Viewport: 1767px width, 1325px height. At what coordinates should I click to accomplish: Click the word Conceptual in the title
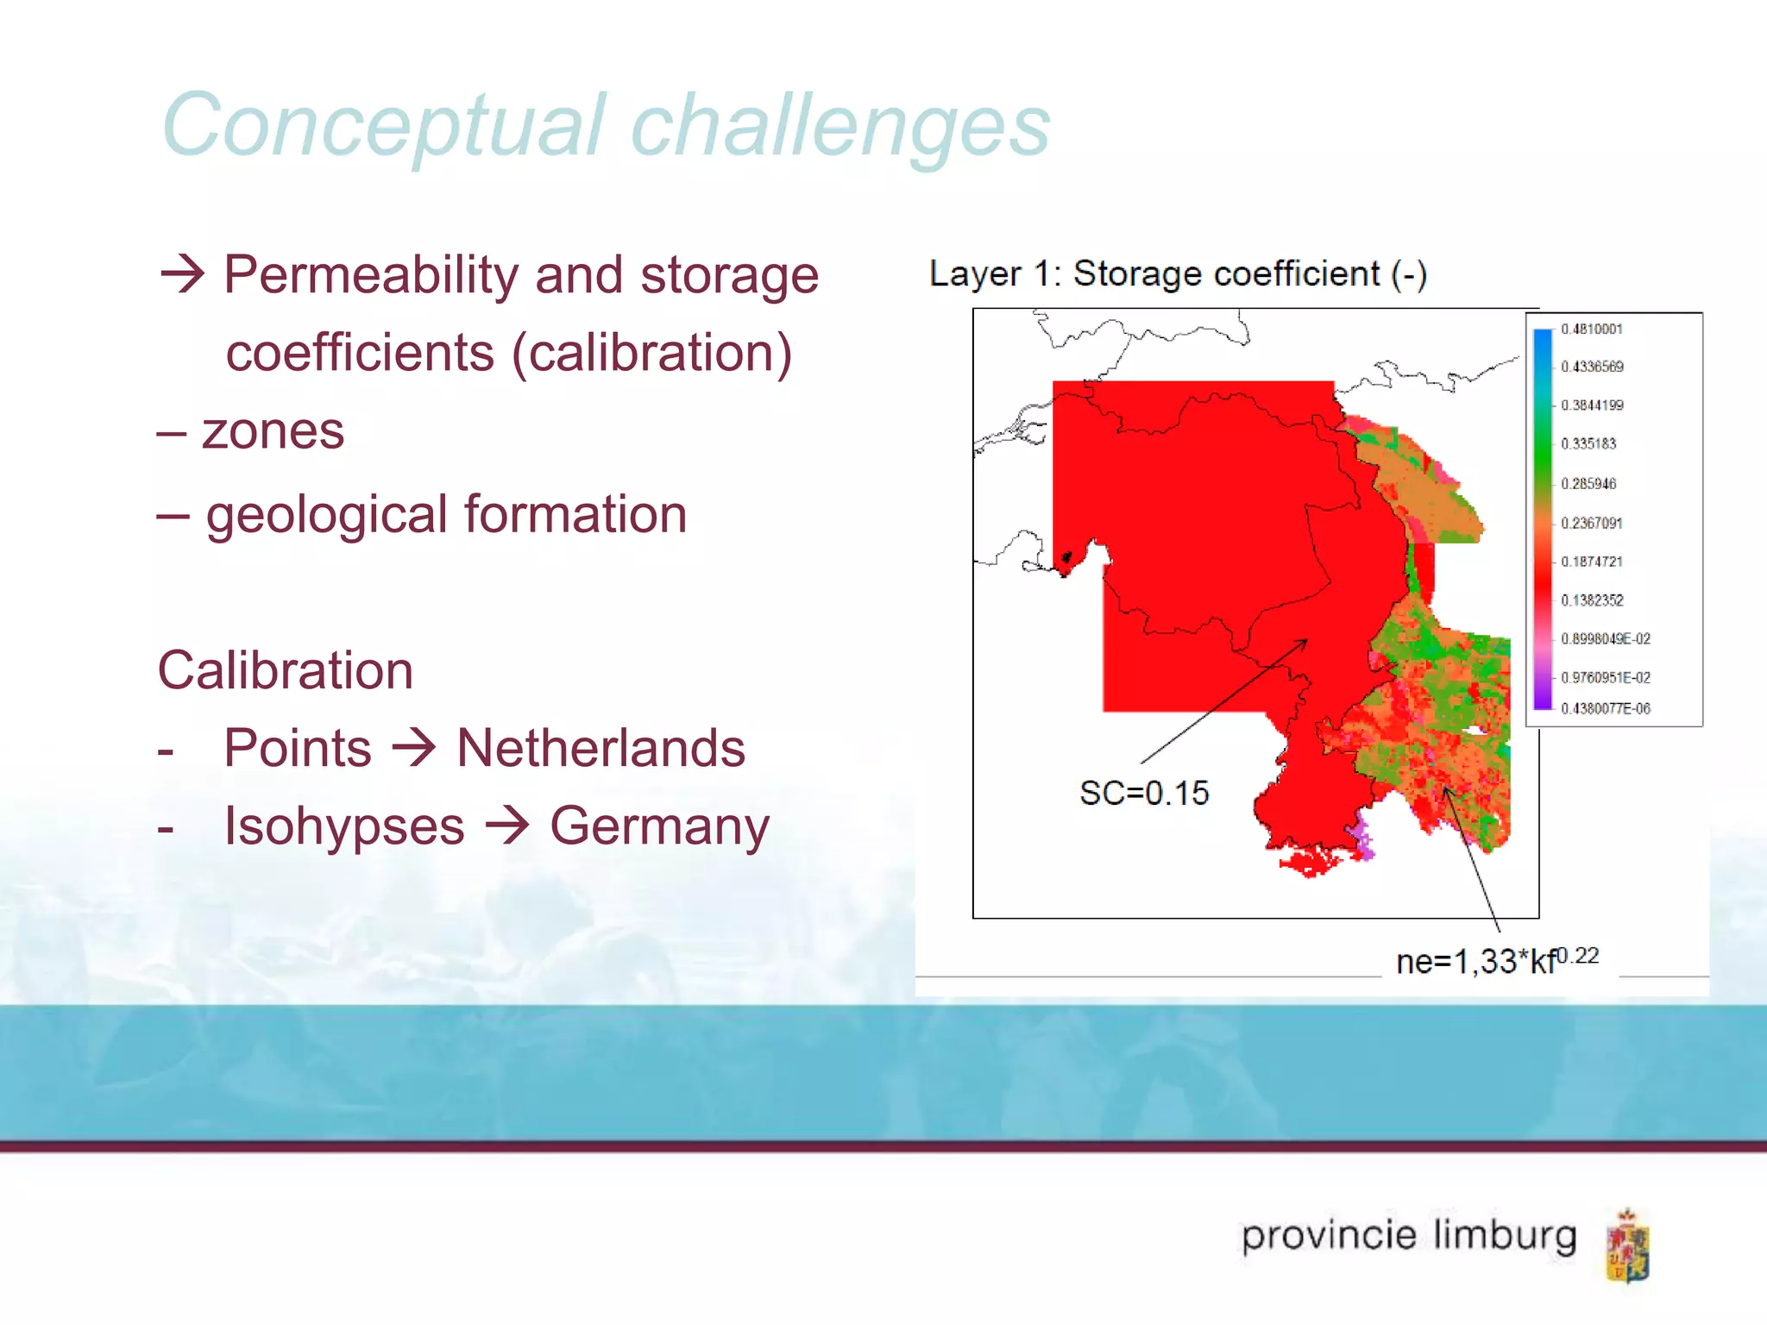tap(385, 127)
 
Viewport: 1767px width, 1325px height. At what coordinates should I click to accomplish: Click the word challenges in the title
tap(840, 127)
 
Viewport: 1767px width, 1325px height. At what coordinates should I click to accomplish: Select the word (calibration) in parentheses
tap(651, 353)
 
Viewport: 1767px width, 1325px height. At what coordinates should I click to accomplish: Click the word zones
tap(273, 431)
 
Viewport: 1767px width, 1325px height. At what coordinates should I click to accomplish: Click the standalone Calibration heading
tap(286, 670)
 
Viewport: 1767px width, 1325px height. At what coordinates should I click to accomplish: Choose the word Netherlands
tap(601, 748)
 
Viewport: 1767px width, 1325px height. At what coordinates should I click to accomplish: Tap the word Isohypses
tap(344, 826)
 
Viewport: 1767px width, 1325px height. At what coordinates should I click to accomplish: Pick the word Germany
tap(659, 826)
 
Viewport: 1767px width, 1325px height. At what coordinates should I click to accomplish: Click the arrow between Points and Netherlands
tap(414, 748)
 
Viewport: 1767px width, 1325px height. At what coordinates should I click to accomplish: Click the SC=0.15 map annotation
tap(1144, 793)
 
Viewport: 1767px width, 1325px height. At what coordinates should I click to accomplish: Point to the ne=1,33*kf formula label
tap(1496, 960)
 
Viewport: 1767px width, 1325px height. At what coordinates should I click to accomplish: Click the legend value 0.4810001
tap(1591, 330)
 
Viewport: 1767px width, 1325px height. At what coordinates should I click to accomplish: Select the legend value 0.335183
tap(1588, 444)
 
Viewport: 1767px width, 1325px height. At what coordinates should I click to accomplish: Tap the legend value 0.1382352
tap(1592, 600)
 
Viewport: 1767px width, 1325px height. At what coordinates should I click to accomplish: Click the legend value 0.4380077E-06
tap(1605, 709)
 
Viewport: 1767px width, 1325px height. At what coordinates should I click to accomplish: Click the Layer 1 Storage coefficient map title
tap(1178, 274)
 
